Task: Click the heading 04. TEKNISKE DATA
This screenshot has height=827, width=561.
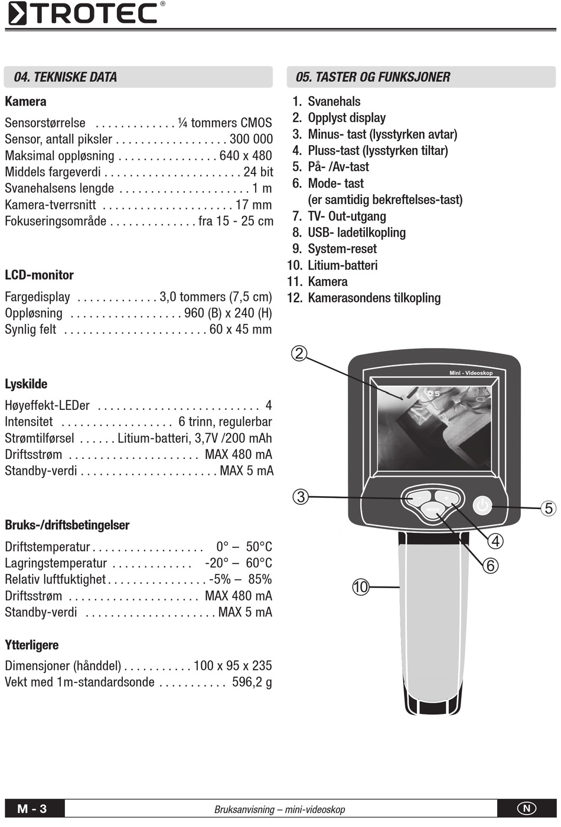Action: (x=66, y=77)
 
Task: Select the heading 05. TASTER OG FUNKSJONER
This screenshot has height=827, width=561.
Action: (x=373, y=77)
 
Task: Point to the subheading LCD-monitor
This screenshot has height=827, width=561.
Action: (x=39, y=275)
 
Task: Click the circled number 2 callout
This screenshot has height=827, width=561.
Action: (x=299, y=353)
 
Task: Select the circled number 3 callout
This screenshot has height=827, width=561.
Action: (x=301, y=497)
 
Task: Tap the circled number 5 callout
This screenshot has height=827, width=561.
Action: (x=549, y=508)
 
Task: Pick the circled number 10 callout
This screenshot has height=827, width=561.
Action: (x=360, y=587)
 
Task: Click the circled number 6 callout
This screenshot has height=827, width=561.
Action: (x=491, y=566)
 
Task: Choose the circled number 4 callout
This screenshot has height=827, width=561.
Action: (x=495, y=541)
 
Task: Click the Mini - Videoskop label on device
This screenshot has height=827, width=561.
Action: (x=471, y=373)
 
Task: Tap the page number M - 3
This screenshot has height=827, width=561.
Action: (x=32, y=809)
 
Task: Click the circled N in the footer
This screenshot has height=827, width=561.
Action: (x=527, y=809)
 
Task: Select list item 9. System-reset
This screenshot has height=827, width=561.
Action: (x=335, y=249)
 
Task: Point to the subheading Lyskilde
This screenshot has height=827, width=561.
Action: (x=26, y=384)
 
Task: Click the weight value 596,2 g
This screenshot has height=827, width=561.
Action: (x=252, y=682)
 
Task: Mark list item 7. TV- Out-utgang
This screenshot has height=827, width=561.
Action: (x=340, y=216)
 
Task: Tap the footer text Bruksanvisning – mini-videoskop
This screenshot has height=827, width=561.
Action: (x=279, y=810)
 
